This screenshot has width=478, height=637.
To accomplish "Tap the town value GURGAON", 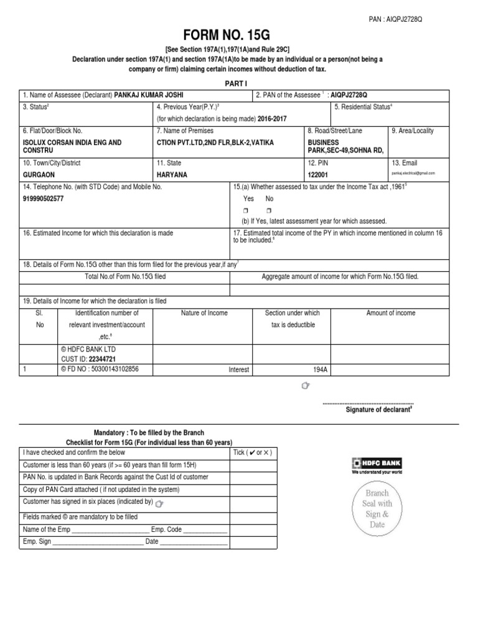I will (39, 175).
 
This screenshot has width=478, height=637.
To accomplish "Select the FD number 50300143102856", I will (110, 369).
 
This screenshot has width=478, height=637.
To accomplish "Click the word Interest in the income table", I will (238, 370).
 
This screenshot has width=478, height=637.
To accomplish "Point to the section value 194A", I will (320, 370).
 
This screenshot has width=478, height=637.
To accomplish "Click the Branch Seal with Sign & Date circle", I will (377, 508).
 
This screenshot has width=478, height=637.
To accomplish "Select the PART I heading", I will (238, 83).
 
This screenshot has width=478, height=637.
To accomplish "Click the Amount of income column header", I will (390, 313).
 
